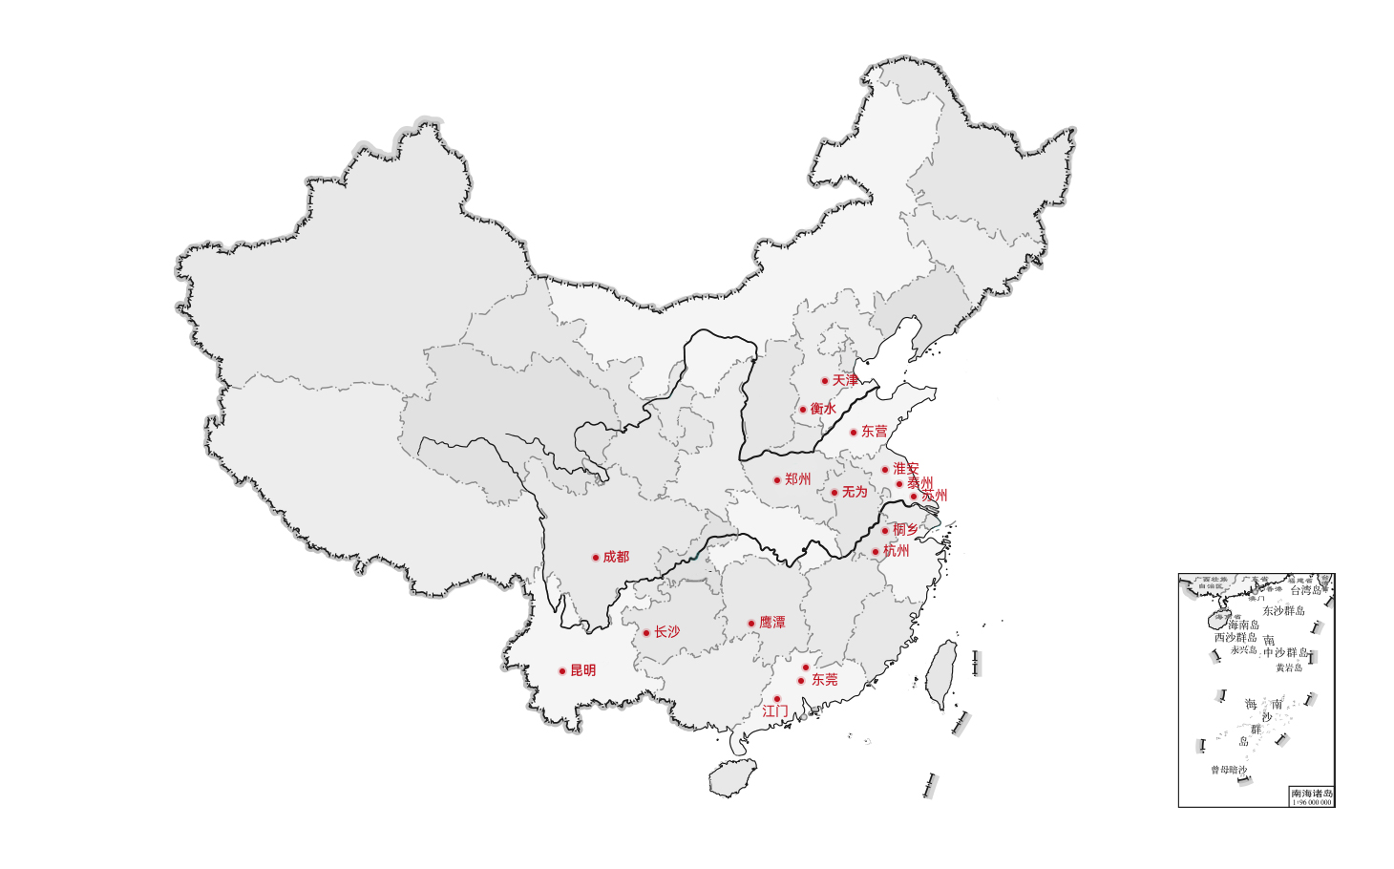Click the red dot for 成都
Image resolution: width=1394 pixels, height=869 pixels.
coord(596,558)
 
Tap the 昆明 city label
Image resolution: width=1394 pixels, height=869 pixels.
coord(582,670)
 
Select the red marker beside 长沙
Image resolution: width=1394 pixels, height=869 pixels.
coord(646,633)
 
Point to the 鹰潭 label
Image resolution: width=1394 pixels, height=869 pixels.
coord(771,623)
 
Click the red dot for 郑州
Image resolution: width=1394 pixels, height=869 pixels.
coord(777,480)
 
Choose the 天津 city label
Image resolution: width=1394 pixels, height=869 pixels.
coord(845,380)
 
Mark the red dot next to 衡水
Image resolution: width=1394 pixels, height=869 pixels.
coord(803,410)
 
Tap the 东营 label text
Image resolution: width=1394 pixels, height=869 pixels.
coord(874,432)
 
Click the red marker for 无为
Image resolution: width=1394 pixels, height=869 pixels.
coord(834,493)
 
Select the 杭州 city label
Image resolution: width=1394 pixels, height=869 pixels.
coord(896,551)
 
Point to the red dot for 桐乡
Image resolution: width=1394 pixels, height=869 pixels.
coord(885,531)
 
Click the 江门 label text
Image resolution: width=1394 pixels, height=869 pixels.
coord(775,711)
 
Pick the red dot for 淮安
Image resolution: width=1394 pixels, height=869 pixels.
coord(885,470)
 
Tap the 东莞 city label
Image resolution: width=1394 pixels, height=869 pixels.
coord(824,680)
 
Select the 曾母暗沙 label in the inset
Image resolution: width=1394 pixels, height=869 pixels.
coord(1229,770)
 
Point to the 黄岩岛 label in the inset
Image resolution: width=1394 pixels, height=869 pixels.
coord(1289,668)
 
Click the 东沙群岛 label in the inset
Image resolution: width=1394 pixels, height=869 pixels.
coord(1283,611)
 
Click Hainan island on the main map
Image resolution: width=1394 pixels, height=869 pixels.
coord(732,777)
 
